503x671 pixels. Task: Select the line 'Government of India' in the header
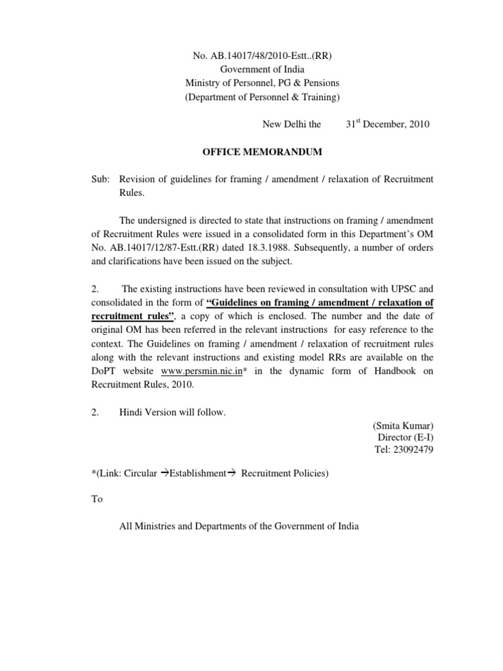[x=261, y=69]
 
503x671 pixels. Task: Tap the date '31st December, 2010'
[x=388, y=124]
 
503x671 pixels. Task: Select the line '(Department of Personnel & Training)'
[x=261, y=96]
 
